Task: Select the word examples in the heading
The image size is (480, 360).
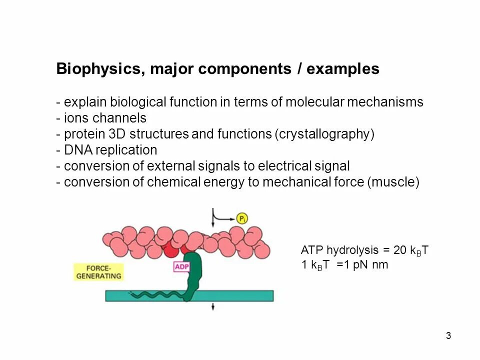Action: (x=343, y=69)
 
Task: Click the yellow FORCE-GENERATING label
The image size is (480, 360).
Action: (x=99, y=271)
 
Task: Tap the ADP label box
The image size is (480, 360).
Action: (x=181, y=267)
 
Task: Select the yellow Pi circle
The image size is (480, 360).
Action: (x=243, y=218)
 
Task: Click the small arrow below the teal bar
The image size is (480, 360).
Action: (x=213, y=306)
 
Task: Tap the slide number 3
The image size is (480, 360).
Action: (x=448, y=335)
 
